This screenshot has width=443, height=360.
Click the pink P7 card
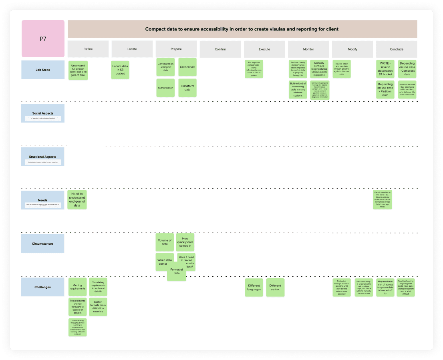(43, 39)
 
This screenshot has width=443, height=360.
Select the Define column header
(88, 49)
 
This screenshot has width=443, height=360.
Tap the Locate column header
(132, 49)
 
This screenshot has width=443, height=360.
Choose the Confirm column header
(220, 49)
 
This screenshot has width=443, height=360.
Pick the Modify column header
(352, 49)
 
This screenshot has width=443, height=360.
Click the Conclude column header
(397, 49)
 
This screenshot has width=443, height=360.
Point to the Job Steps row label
(43, 70)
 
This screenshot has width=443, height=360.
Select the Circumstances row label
(43, 243)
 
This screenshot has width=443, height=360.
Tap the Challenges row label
(43, 287)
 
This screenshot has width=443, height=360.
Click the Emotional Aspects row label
(43, 157)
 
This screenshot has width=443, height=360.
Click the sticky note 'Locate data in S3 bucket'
(120, 70)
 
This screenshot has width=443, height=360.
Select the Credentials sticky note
(187, 67)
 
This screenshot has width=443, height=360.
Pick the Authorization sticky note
(165, 88)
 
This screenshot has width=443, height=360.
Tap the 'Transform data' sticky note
(187, 88)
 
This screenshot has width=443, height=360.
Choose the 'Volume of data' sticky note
(165, 242)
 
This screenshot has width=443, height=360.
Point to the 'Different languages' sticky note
(254, 288)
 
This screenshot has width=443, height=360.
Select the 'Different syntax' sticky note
(275, 288)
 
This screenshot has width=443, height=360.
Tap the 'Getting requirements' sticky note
(78, 287)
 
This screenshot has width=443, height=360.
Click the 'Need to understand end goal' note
(77, 199)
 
